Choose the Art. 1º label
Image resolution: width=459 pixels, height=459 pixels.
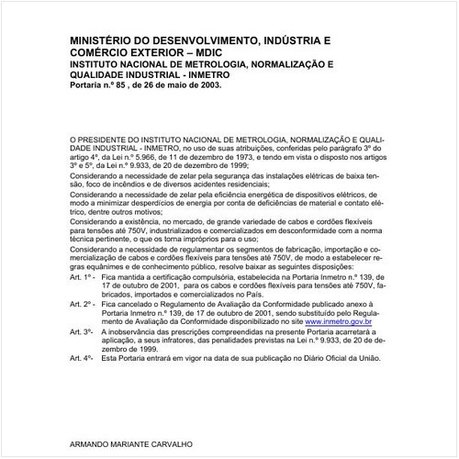pyautogui.click(x=83, y=275)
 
